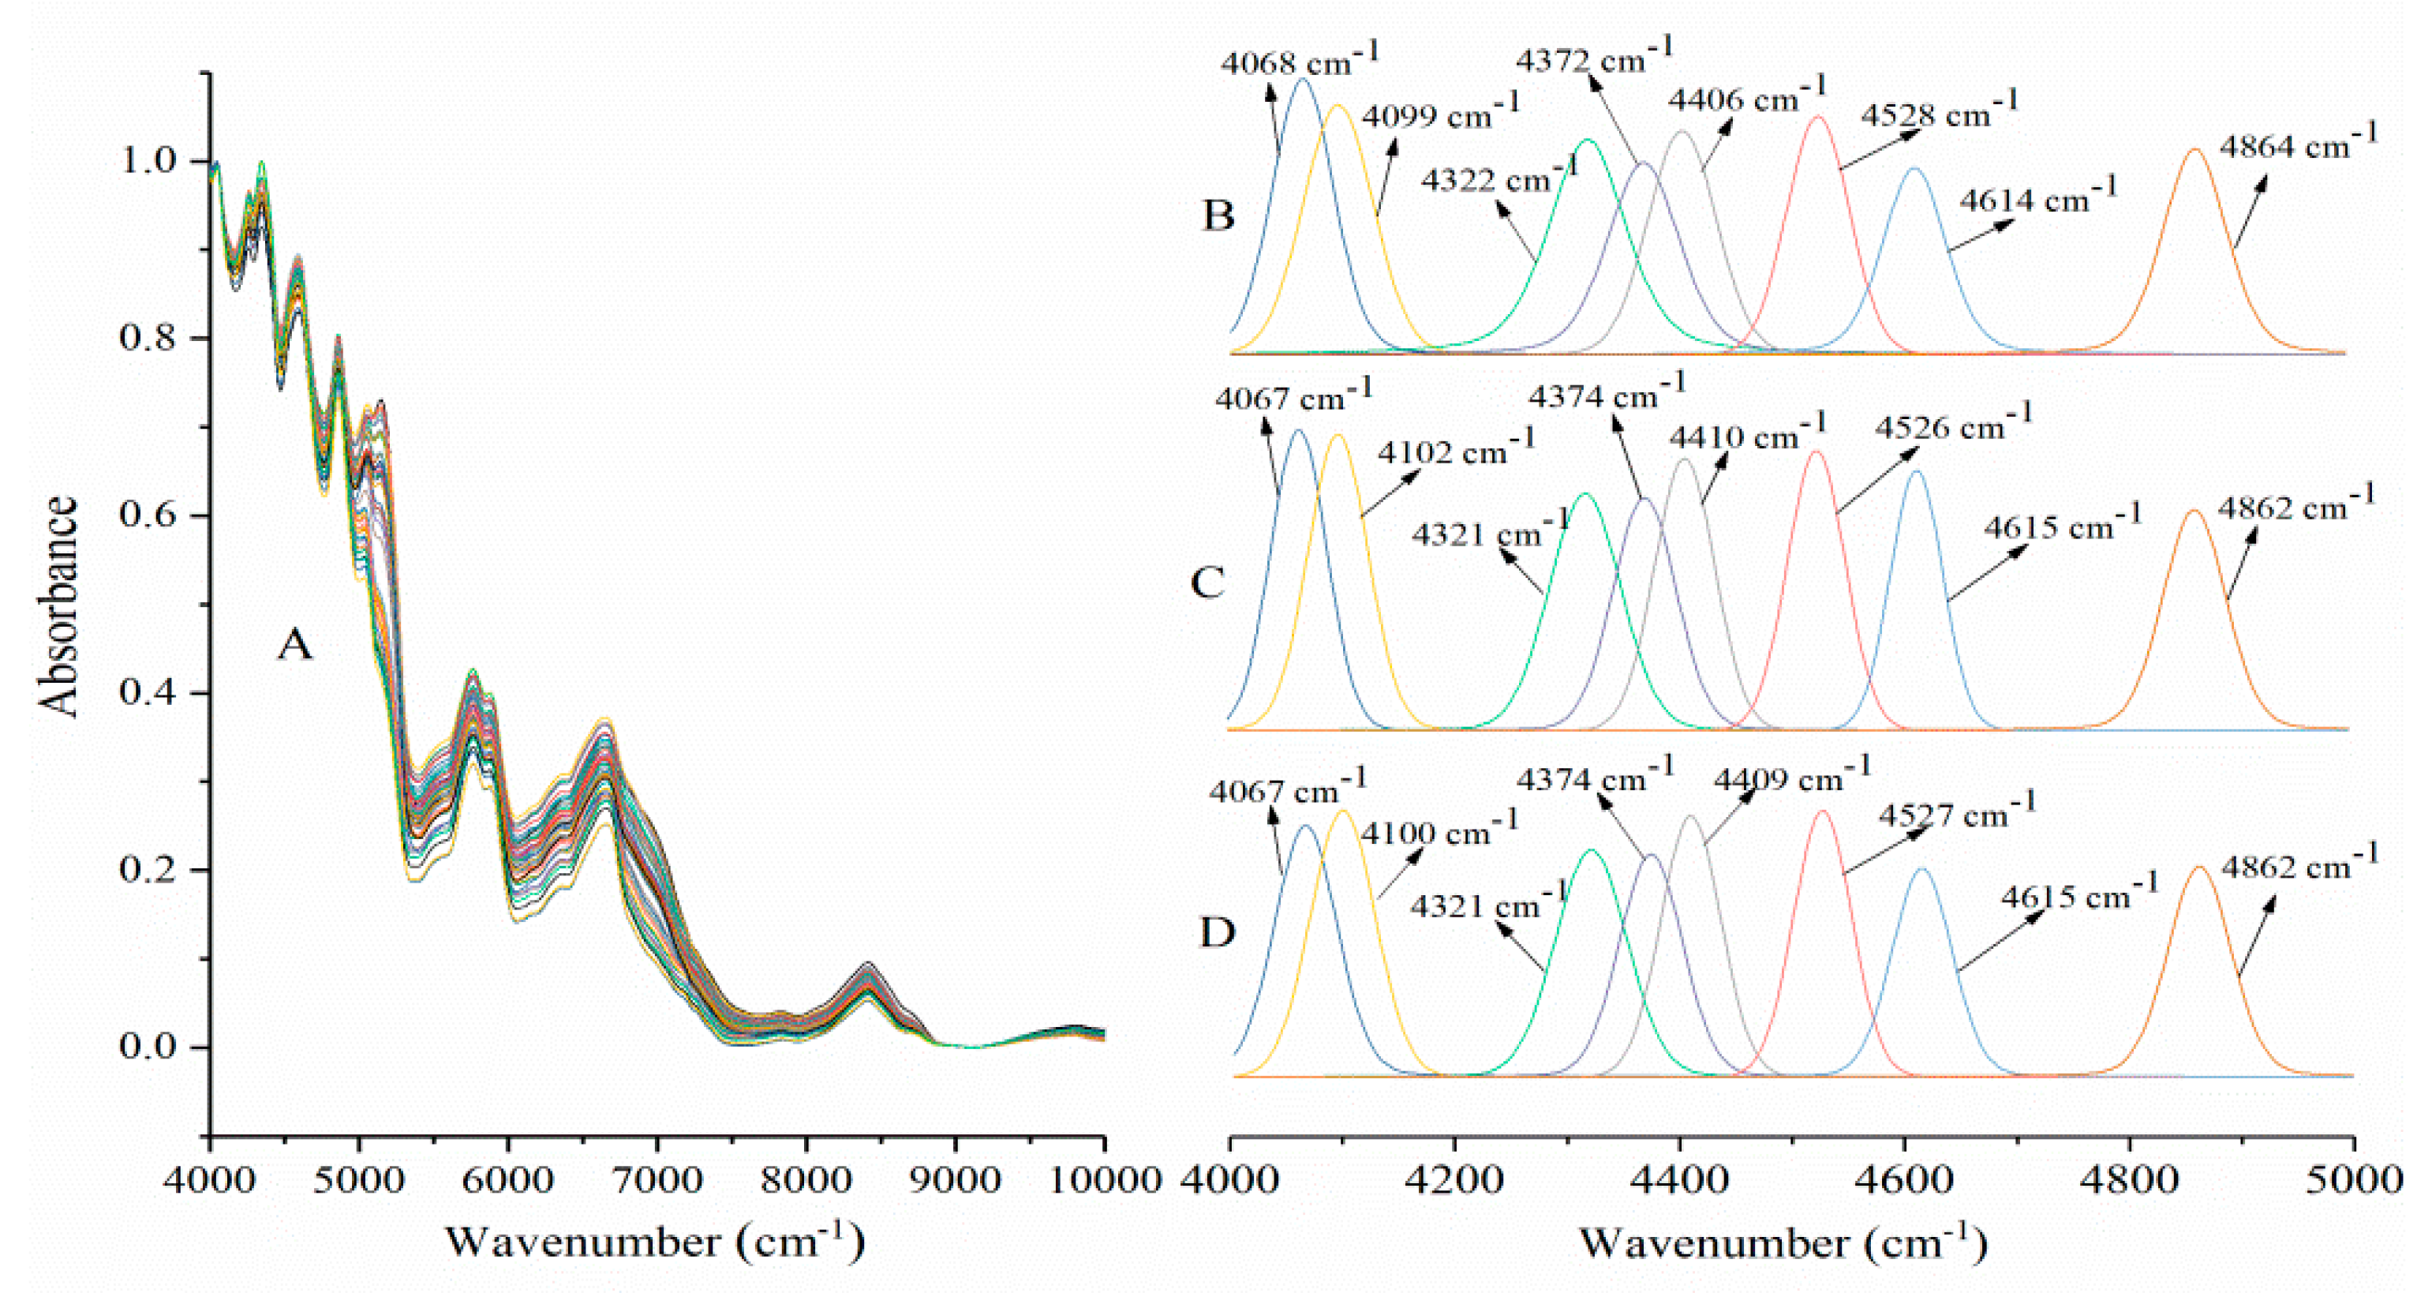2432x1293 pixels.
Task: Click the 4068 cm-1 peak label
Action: [x=1298, y=62]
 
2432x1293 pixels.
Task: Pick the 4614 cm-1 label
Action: [x=2037, y=198]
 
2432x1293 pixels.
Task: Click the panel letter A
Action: [x=294, y=646]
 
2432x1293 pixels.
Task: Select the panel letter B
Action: [x=1218, y=216]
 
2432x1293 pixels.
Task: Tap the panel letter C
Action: [x=1207, y=583]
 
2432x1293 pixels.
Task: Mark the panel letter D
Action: [x=1216, y=933]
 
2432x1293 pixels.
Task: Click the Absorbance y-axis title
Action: [x=58, y=605]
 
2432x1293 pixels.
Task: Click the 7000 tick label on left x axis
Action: [x=657, y=1179]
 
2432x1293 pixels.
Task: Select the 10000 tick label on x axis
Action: [x=1102, y=1179]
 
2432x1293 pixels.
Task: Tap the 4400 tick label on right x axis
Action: [x=1679, y=1179]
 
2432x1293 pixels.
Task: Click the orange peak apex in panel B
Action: [x=2195, y=149]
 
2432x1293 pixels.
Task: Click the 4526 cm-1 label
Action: [x=1952, y=426]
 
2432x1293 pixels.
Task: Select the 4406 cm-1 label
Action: [x=1745, y=97]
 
